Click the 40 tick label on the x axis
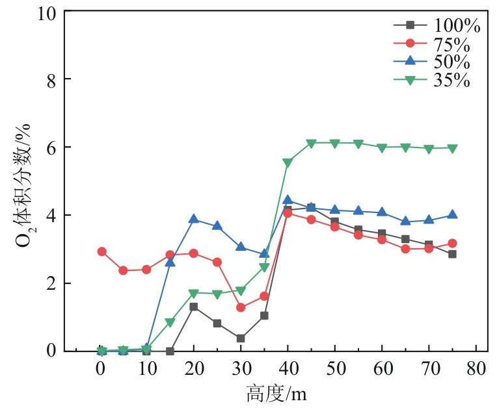click(288, 368)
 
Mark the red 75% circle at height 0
click(101, 251)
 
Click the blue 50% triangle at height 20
click(194, 219)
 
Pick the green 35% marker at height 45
click(311, 143)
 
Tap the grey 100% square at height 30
click(241, 338)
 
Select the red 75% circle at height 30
click(241, 307)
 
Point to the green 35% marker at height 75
click(452, 148)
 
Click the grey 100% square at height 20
click(194, 307)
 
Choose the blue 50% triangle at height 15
click(170, 262)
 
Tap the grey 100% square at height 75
click(452, 254)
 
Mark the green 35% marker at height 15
click(170, 322)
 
